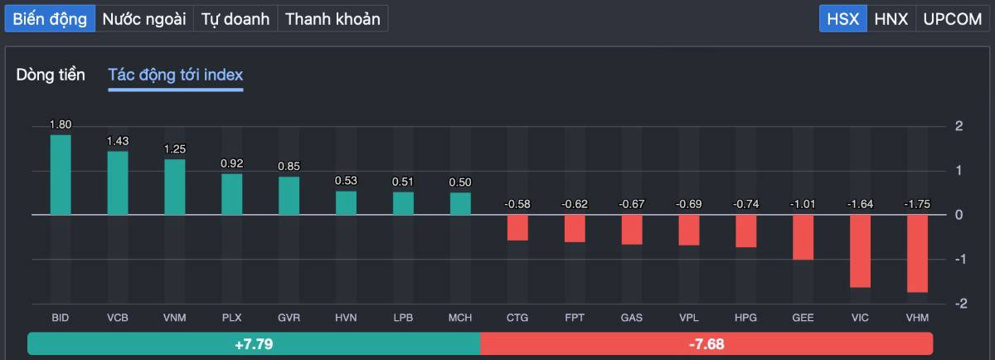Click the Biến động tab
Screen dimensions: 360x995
(x=50, y=19)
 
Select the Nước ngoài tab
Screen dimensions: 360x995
(x=144, y=19)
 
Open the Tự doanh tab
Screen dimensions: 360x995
(x=235, y=19)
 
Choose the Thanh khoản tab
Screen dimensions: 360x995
(x=332, y=19)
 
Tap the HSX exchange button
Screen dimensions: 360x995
(x=843, y=19)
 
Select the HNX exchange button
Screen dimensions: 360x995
(x=891, y=19)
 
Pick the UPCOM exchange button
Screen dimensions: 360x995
(x=952, y=19)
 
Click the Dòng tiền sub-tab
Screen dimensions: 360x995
(x=51, y=75)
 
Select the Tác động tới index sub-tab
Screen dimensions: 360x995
(x=176, y=75)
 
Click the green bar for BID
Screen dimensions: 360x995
(x=61, y=174)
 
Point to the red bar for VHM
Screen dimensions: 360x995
(x=917, y=253)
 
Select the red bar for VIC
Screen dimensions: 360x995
(x=860, y=251)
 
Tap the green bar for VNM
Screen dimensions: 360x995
(x=175, y=187)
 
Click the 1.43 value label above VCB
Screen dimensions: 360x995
(x=118, y=141)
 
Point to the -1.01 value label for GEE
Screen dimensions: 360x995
(x=803, y=204)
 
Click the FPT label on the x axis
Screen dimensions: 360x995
(x=575, y=318)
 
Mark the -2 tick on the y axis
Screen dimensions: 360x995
(x=959, y=304)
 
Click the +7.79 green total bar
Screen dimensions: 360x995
(x=254, y=343)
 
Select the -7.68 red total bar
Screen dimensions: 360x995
(x=706, y=343)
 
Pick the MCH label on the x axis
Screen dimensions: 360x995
(x=460, y=318)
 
